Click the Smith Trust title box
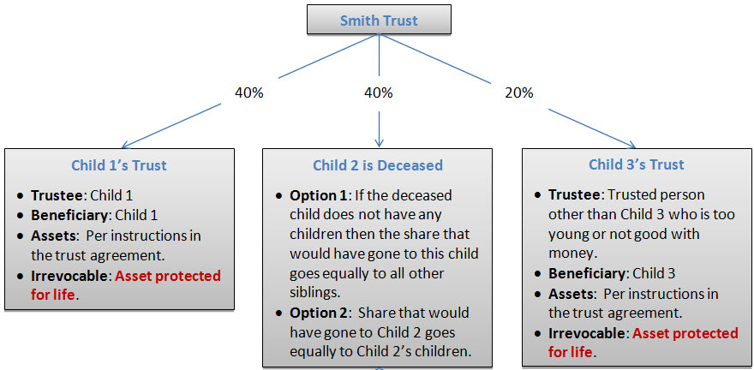click(x=379, y=19)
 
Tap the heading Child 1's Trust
click(x=119, y=165)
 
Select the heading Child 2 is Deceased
click(x=378, y=165)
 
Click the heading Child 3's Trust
click(x=636, y=164)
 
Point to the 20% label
click(x=519, y=92)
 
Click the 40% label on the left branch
click(x=248, y=92)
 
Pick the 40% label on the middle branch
click(x=379, y=92)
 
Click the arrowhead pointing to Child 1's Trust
click(x=126, y=145)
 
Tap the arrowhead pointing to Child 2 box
click(x=380, y=143)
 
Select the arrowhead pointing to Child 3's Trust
click(x=631, y=145)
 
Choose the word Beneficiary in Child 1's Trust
click(x=69, y=215)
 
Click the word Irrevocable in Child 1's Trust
click(x=69, y=276)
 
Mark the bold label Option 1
click(x=317, y=196)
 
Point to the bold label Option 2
click(x=317, y=313)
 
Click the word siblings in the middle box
click(x=314, y=294)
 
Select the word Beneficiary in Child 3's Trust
click(x=586, y=273)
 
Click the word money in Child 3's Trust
click(x=571, y=254)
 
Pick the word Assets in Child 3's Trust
click(x=569, y=293)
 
